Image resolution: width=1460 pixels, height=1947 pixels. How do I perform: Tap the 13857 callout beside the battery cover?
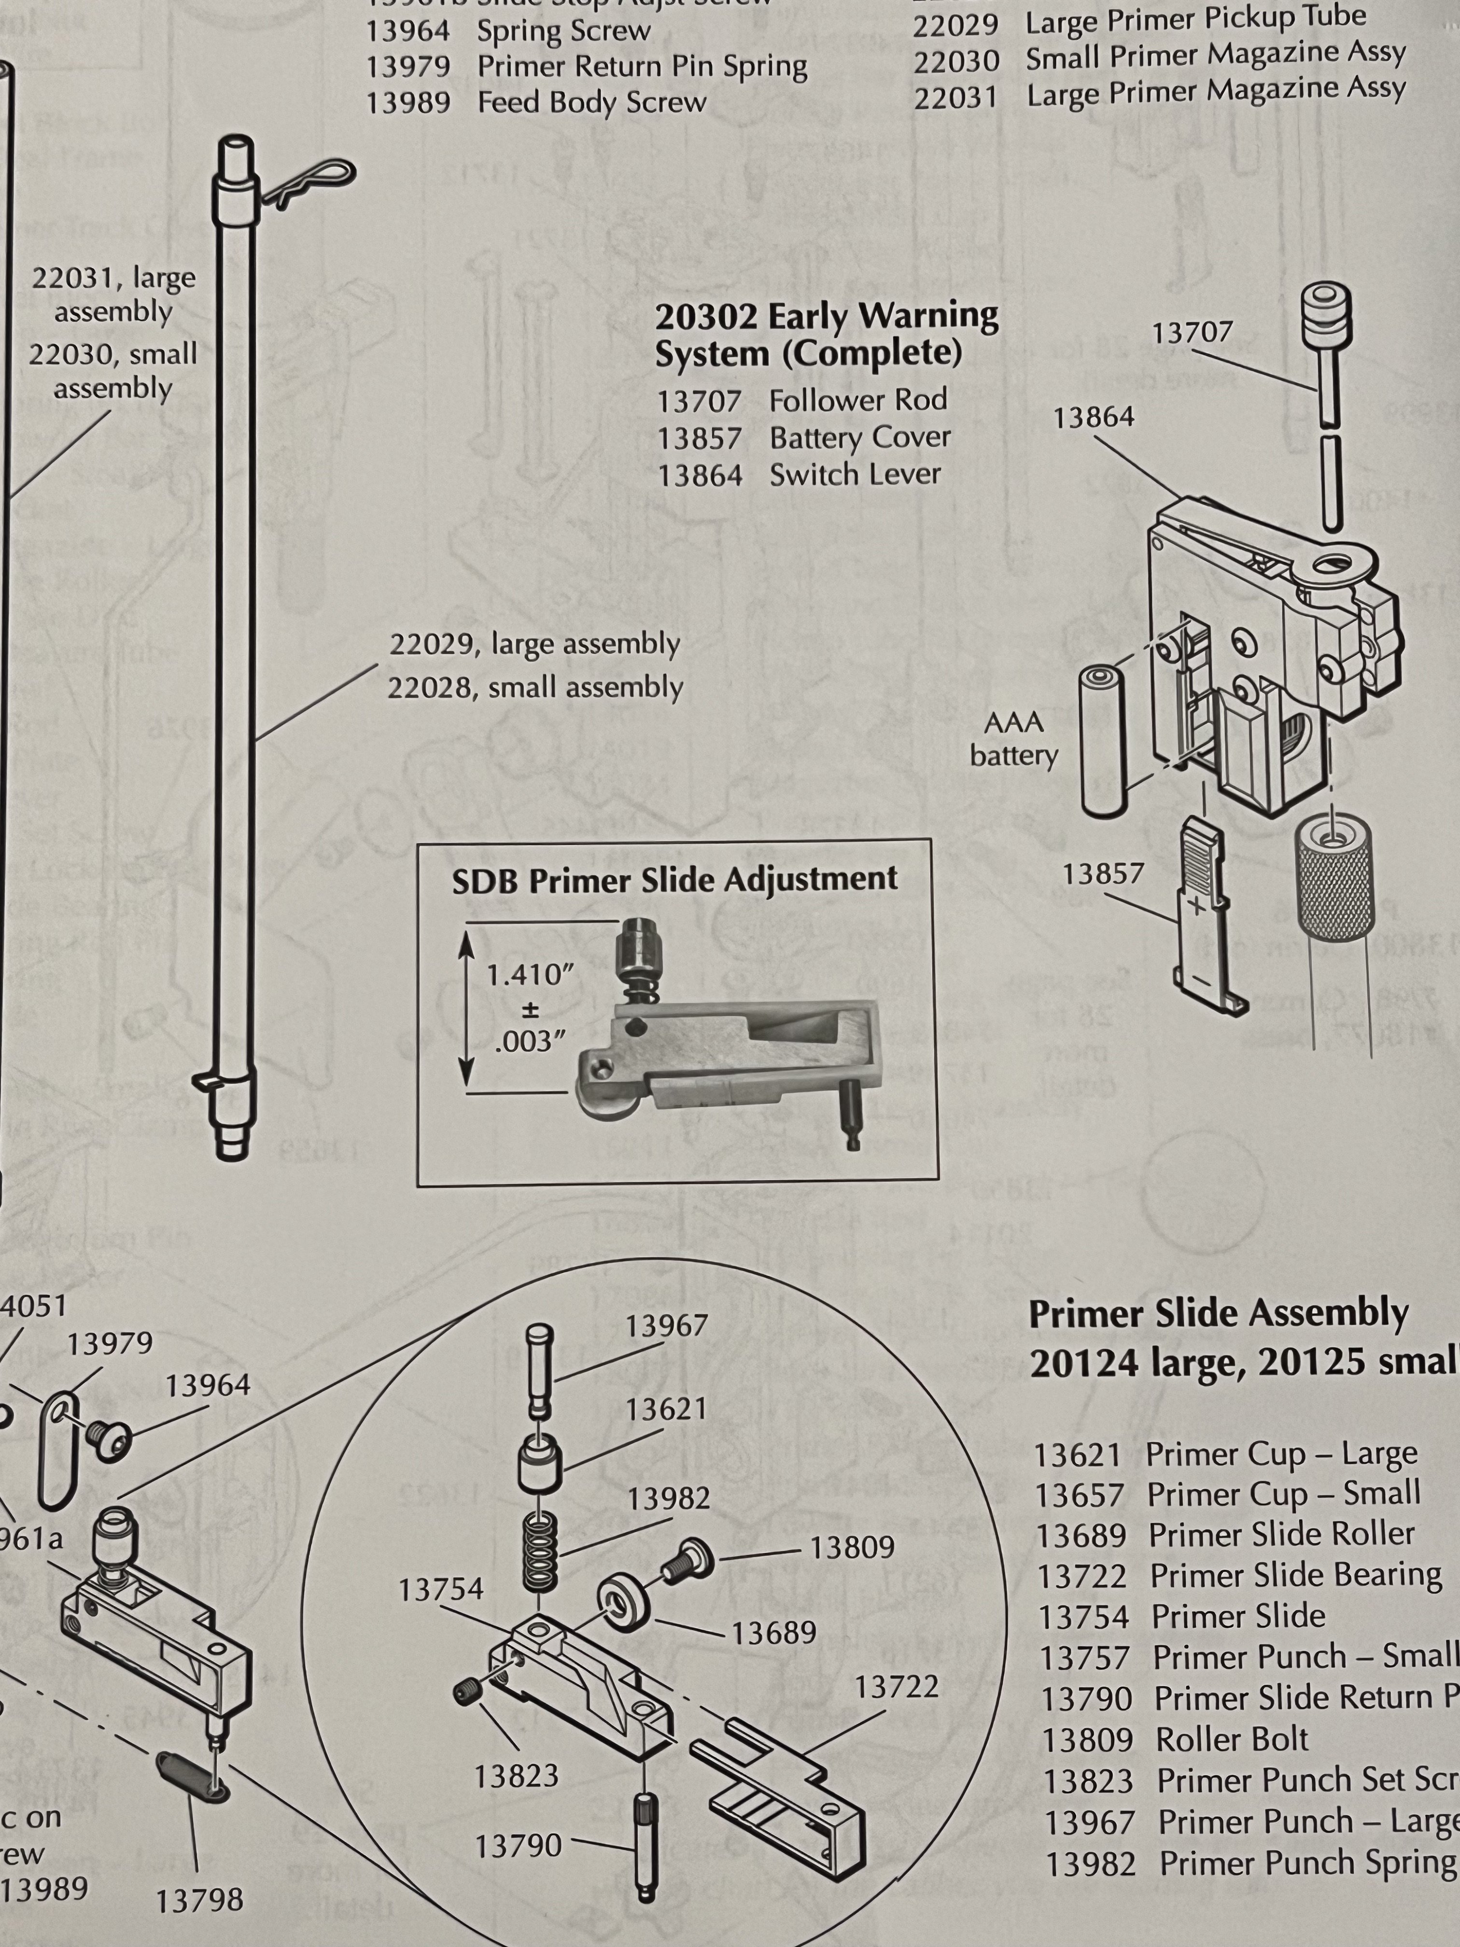click(1103, 874)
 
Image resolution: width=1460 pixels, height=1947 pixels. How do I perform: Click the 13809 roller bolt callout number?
click(852, 1547)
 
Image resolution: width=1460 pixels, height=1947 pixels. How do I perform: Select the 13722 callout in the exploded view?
click(897, 1686)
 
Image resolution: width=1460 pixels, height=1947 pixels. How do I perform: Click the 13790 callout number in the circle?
click(519, 1845)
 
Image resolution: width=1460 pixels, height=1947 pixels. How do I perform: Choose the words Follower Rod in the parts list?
click(858, 400)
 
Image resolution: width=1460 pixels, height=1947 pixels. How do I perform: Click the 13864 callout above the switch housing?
click(1094, 417)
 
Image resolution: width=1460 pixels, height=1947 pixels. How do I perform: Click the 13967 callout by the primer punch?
click(666, 1326)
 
